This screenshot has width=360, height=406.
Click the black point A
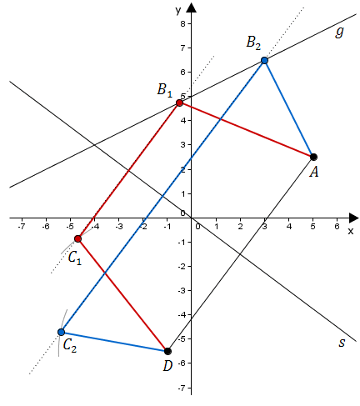[x=313, y=157]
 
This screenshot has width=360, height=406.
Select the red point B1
[x=179, y=103]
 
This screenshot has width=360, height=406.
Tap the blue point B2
[x=264, y=60]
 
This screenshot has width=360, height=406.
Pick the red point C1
[x=77, y=238]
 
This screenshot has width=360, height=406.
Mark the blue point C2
[x=61, y=332]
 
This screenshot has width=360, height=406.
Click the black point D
[x=167, y=351]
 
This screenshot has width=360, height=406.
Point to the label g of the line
[x=339, y=32]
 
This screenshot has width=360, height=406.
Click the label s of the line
[x=342, y=343]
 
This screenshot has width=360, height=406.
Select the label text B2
[x=253, y=43]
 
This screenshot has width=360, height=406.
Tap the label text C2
[x=70, y=346]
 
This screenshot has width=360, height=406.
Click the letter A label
[x=314, y=173]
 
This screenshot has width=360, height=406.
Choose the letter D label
[x=167, y=366]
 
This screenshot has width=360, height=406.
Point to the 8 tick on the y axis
[x=182, y=23]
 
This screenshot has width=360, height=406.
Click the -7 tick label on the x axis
[x=21, y=227]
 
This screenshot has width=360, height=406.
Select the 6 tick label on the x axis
[x=337, y=227]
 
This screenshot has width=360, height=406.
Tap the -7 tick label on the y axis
[x=182, y=388]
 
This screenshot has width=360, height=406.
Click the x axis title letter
[x=351, y=231]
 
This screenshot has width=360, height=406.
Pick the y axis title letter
[x=178, y=11]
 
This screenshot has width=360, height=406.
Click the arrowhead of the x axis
[x=353, y=218]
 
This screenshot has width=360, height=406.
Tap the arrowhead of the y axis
[x=191, y=8]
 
